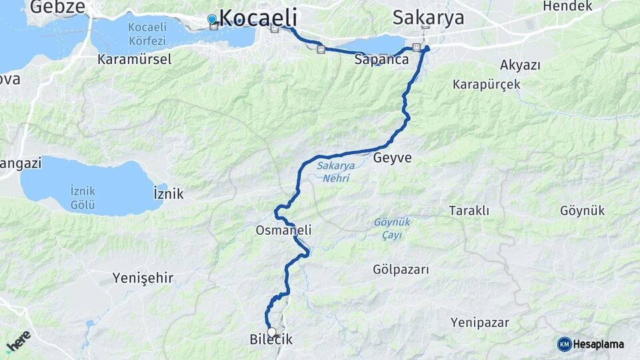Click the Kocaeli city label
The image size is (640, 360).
pyautogui.click(x=257, y=17)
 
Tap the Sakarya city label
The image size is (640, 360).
pyautogui.click(x=428, y=17)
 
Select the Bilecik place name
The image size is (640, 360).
pyautogui.click(x=271, y=340)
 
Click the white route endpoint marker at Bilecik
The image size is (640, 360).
pyautogui.click(x=271, y=331)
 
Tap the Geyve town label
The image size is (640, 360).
pyautogui.click(x=393, y=159)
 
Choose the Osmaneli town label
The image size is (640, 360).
pyautogui.click(x=283, y=230)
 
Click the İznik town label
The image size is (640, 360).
pyautogui.click(x=168, y=194)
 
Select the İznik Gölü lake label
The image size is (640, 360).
pyautogui.click(x=83, y=197)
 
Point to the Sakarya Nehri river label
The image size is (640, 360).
pyautogui.click(x=333, y=171)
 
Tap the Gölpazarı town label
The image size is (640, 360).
pyautogui.click(x=401, y=270)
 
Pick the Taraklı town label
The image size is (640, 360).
pyautogui.click(x=469, y=211)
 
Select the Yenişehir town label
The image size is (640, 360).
pyautogui.click(x=143, y=277)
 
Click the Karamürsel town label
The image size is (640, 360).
pyautogui.click(x=134, y=59)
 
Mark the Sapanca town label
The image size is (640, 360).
pyautogui.click(x=381, y=59)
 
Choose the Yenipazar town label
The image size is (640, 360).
pyautogui.click(x=479, y=323)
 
